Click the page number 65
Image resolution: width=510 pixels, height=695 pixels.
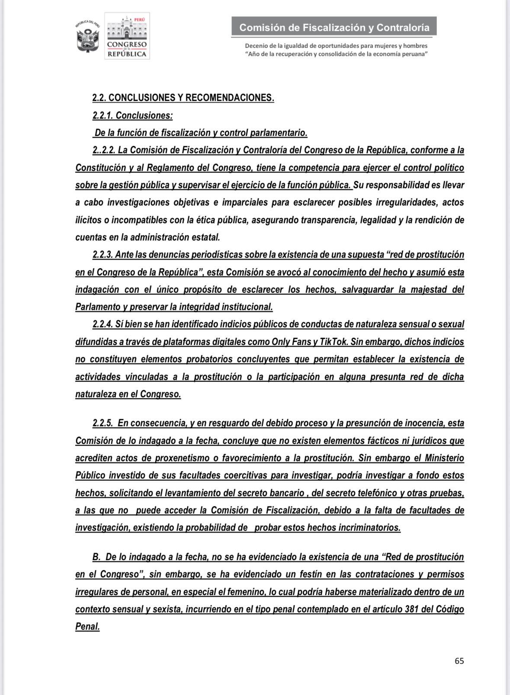459,661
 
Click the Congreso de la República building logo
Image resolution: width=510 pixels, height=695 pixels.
127,36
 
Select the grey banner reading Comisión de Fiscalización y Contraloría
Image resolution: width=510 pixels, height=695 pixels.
334,27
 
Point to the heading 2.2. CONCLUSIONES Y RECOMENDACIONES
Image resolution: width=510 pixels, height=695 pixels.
183,98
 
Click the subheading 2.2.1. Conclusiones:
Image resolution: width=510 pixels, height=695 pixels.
132,115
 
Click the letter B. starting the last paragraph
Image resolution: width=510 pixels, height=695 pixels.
97,557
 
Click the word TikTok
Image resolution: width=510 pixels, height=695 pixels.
334,342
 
